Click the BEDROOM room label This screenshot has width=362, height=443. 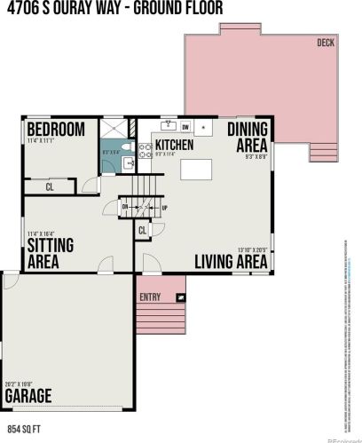(55, 130)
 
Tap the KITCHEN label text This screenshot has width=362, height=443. (175, 144)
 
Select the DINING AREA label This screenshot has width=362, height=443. (248, 137)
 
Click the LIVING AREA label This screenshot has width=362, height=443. (231, 261)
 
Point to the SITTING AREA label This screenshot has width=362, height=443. (50, 252)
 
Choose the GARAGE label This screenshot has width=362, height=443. (28, 395)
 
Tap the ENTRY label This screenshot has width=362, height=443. (149, 297)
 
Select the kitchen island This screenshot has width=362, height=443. (200, 168)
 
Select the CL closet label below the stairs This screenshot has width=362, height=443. (142, 230)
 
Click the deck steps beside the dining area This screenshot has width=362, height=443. (325, 152)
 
